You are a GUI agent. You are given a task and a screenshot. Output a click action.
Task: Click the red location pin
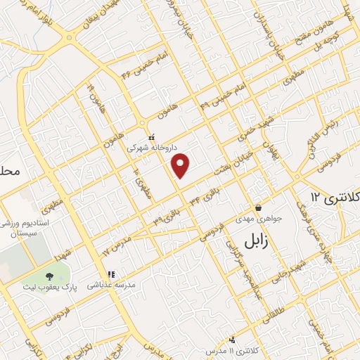(x=181, y=165)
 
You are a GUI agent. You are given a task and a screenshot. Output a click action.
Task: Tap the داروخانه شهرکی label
(x=150, y=148)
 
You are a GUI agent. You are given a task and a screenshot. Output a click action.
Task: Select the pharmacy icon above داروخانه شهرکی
(x=150, y=138)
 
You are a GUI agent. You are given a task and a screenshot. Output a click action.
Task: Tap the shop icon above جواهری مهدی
(x=259, y=208)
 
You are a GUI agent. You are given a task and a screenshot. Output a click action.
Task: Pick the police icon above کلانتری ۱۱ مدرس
(x=232, y=339)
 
